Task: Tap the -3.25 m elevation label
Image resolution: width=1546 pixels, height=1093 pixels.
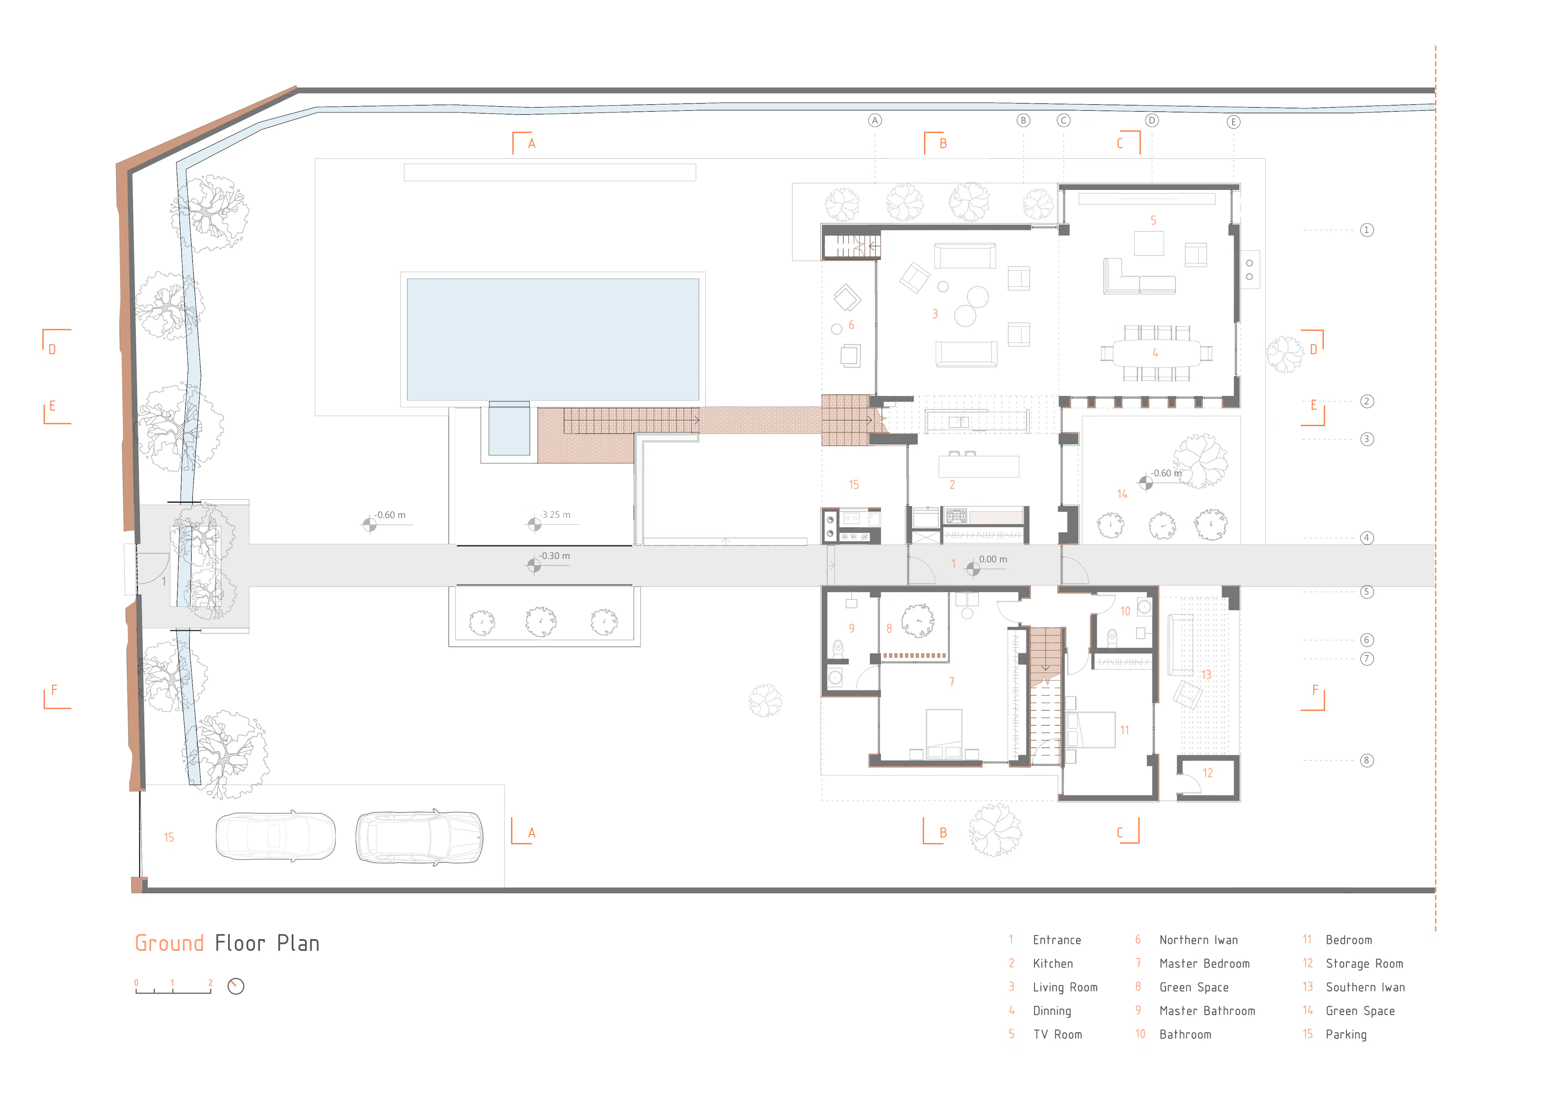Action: (556, 514)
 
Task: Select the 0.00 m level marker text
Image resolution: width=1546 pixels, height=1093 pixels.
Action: (993, 559)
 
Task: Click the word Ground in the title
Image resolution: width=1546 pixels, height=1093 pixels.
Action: (169, 943)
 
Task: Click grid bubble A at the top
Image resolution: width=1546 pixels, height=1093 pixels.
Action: (875, 120)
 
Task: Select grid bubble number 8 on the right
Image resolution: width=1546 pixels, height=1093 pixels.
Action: (1366, 760)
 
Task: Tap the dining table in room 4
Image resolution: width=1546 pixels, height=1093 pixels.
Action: (1155, 353)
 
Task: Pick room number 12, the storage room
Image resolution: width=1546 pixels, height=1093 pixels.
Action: (1207, 773)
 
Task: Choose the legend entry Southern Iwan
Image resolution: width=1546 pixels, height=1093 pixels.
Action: (1365, 987)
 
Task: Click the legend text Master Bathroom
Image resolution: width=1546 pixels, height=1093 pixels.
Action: (1207, 1011)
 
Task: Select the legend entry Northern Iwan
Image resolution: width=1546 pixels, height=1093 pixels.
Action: (1199, 940)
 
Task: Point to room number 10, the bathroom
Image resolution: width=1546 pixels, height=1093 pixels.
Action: (1124, 611)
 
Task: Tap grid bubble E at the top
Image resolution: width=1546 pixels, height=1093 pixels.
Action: (1233, 122)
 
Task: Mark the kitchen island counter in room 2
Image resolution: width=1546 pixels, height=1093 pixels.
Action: (978, 467)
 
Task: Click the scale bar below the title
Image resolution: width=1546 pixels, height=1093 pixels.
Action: (173, 989)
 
